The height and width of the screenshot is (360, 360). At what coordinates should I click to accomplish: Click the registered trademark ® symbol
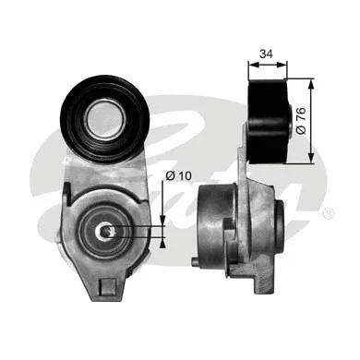pyautogui.click(x=330, y=213)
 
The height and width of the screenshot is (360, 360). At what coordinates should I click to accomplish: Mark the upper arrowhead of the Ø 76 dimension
pyautogui.click(x=307, y=83)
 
